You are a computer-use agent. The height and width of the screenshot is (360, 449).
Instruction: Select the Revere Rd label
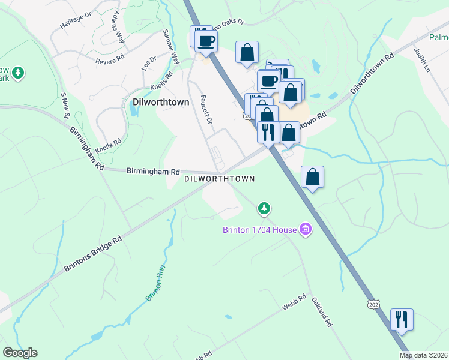109,60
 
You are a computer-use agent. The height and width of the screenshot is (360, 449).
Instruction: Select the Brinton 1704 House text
260,229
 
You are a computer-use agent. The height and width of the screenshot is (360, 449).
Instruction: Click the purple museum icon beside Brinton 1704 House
306,229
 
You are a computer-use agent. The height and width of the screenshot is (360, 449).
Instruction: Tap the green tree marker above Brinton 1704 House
264,209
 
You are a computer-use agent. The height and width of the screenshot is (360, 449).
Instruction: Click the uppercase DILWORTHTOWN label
219,179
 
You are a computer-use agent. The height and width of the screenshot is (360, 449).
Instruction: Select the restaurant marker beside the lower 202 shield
402,319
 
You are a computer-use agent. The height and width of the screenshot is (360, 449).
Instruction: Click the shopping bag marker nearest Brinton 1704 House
312,177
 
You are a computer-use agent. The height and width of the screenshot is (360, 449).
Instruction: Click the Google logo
20,353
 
